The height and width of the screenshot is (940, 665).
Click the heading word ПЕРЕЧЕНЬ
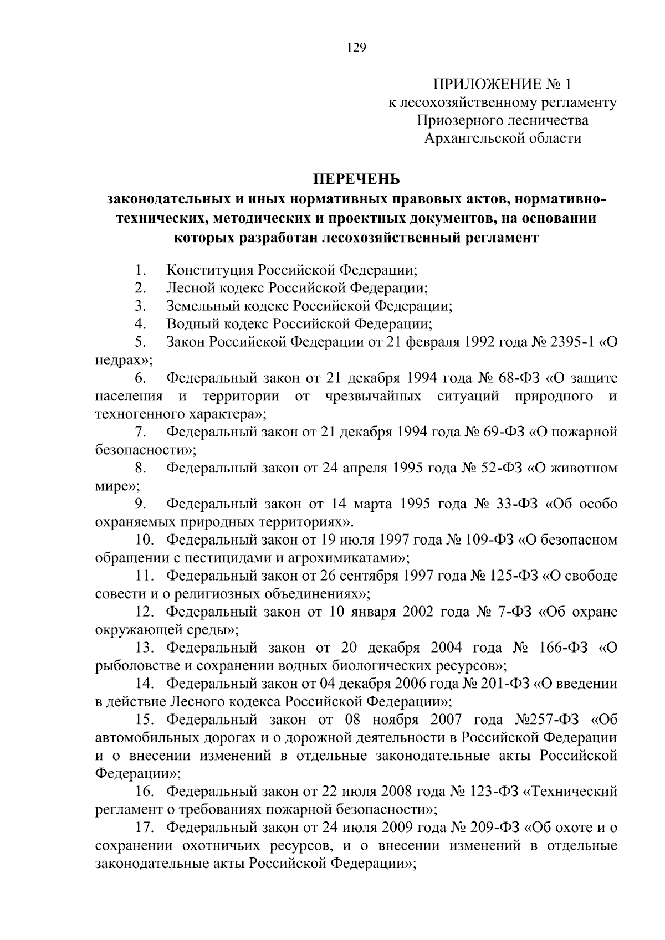pyautogui.click(x=356, y=179)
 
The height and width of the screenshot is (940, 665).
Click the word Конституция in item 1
pyautogui.click(x=210, y=270)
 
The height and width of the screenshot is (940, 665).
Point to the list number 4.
pyautogui.click(x=140, y=323)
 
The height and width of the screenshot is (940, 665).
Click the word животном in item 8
pyautogui.click(x=586, y=468)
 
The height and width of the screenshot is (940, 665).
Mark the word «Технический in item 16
pyautogui.click(x=571, y=792)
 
